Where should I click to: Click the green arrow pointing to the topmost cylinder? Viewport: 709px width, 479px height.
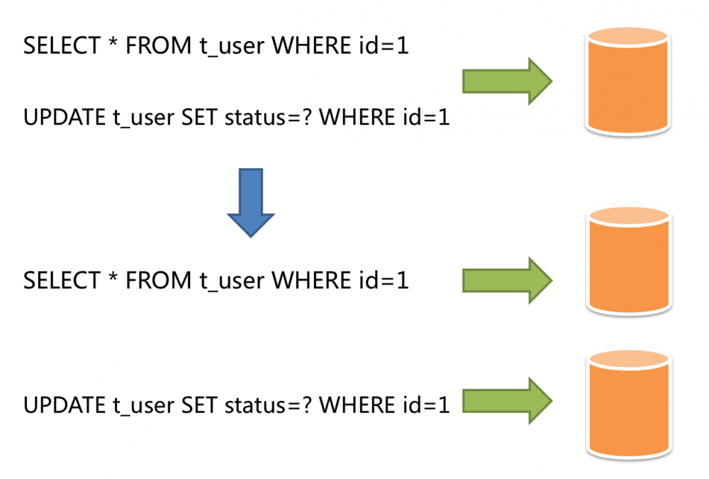tap(507, 81)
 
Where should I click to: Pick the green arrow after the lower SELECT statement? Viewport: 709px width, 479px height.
tap(507, 280)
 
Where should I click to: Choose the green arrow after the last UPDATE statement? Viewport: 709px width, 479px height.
tap(507, 400)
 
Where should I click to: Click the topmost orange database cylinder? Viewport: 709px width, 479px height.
tap(627, 81)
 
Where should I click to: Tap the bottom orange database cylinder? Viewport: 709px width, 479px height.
tap(627, 404)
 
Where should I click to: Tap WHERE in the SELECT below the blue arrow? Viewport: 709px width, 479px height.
tap(310, 281)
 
